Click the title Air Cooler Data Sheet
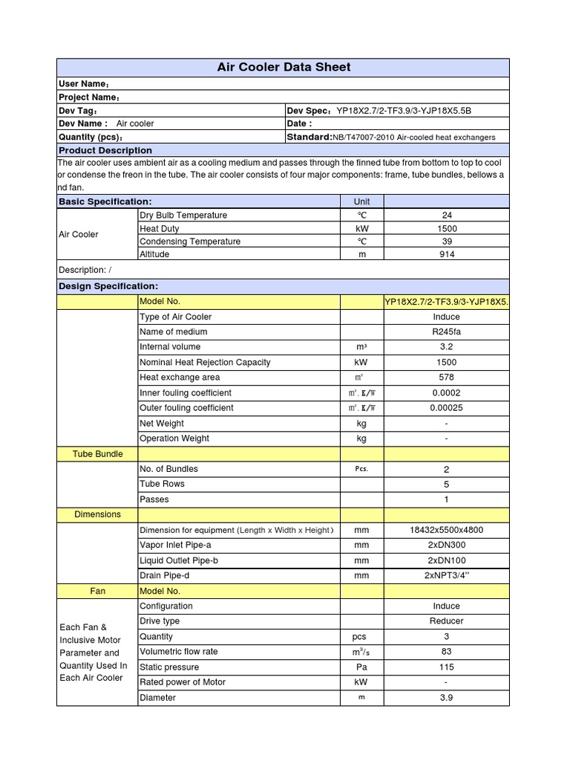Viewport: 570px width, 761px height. pyautogui.click(x=284, y=67)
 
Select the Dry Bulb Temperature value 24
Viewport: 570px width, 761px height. pyautogui.click(x=446, y=216)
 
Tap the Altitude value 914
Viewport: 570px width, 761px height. pyautogui.click(x=446, y=254)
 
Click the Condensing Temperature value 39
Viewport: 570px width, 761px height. pyautogui.click(x=446, y=242)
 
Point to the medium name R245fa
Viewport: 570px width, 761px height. pyautogui.click(x=446, y=332)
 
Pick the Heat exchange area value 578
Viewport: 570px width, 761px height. pyautogui.click(x=446, y=378)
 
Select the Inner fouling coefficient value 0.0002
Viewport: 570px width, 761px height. pyautogui.click(x=446, y=393)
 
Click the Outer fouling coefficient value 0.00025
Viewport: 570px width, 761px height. pyautogui.click(x=446, y=408)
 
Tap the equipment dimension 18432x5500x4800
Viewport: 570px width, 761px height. pyautogui.click(x=446, y=531)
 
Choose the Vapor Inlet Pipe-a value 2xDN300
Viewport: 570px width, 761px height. pyautogui.click(x=446, y=545)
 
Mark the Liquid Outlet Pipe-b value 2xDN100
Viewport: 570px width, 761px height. pyautogui.click(x=446, y=561)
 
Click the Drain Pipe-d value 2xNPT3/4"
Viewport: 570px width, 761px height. pyautogui.click(x=446, y=576)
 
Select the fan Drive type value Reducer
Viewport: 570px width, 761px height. pyautogui.click(x=446, y=621)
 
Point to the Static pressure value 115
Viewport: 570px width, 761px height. pyautogui.click(x=446, y=667)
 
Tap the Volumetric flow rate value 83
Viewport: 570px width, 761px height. pyautogui.click(x=446, y=652)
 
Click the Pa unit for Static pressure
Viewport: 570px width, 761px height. pyautogui.click(x=361, y=667)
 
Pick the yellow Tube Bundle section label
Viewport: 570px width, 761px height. pyautogui.click(x=98, y=454)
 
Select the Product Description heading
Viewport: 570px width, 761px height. pyautogui.click(x=105, y=150)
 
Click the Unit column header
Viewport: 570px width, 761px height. pyautogui.click(x=361, y=201)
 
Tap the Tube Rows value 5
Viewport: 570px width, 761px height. pyautogui.click(x=446, y=484)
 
